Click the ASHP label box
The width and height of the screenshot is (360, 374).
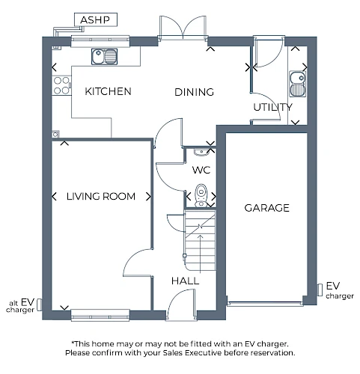point(96,19)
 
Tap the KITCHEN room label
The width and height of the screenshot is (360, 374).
point(108,91)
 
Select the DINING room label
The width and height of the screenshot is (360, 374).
point(194,92)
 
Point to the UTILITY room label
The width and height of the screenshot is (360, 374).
point(272,107)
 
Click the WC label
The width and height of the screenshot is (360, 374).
point(201,170)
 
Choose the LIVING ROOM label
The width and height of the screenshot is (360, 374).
point(101,197)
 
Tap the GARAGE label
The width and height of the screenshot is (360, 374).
point(266,208)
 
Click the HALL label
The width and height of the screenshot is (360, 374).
point(185,281)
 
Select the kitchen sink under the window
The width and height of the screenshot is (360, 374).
point(104,56)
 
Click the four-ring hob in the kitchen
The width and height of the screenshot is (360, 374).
point(61,85)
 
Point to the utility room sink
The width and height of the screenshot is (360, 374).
point(298,84)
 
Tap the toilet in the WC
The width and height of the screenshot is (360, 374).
point(201,195)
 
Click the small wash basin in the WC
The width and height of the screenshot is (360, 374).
point(201,152)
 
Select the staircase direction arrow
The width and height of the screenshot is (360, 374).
point(201,254)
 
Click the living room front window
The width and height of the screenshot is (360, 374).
point(100,315)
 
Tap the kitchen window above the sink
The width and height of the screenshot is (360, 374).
point(100,41)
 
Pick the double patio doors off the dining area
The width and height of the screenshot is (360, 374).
point(183,28)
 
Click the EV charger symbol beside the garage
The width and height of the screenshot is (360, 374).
point(320,290)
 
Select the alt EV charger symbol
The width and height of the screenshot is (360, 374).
point(40,304)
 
